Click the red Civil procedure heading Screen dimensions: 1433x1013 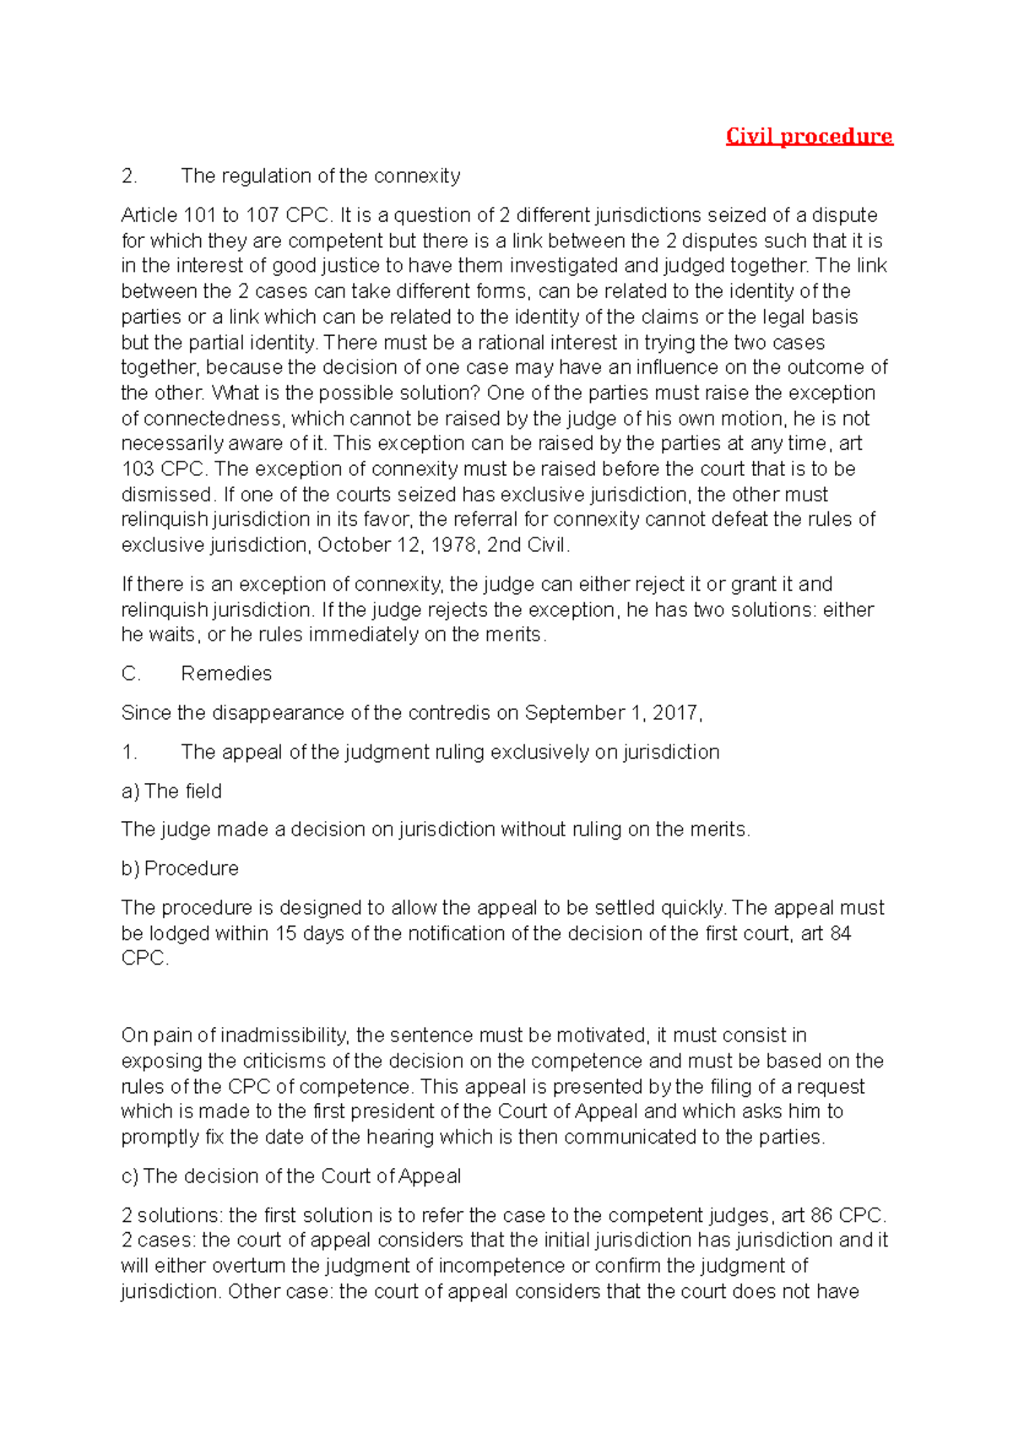coord(809,137)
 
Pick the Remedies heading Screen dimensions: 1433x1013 coord(226,673)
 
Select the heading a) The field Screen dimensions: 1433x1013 coord(171,792)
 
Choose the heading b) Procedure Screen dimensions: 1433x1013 coord(180,868)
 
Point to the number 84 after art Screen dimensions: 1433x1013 coord(840,933)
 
